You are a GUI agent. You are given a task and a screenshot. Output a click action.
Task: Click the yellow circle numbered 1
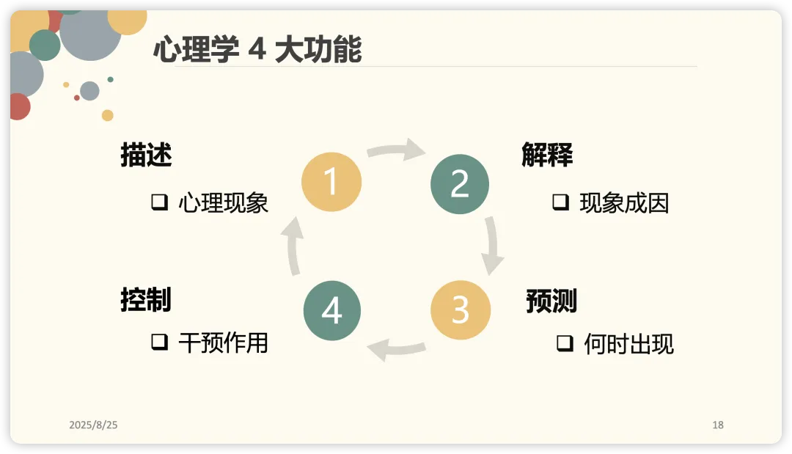[331, 182]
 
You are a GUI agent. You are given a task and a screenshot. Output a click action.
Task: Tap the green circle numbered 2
[460, 184]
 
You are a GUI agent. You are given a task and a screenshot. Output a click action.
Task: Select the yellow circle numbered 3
[460, 310]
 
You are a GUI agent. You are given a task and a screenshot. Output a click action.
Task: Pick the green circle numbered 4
[332, 310]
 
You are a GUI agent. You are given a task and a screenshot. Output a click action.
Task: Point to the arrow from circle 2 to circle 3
[492, 246]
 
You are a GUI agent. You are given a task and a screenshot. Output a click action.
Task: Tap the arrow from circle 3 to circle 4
[397, 349]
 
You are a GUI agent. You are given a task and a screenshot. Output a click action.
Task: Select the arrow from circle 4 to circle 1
[293, 246]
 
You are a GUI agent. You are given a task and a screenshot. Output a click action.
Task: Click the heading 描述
[147, 155]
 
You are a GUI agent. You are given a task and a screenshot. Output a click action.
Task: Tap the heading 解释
[547, 155]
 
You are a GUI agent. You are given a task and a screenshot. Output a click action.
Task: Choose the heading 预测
[551, 301]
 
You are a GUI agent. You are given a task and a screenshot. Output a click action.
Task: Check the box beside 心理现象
[160, 202]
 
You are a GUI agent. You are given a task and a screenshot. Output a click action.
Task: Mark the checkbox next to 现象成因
[561, 202]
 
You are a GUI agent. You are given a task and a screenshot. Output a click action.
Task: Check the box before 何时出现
[565, 343]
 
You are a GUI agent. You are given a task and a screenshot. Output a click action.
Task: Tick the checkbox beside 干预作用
[160, 342]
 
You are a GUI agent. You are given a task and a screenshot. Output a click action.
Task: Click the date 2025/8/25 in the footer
[93, 425]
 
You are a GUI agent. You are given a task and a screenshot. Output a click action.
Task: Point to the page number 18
[718, 425]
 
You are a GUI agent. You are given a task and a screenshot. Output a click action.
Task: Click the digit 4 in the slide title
[257, 49]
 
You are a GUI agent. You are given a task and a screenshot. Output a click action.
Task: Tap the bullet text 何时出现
[629, 344]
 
